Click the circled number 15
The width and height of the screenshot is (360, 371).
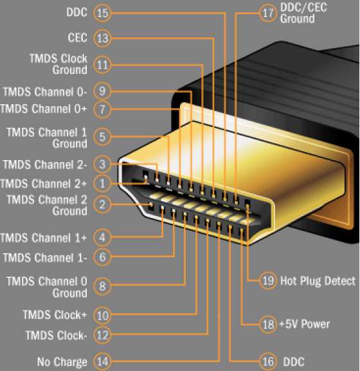[102, 13]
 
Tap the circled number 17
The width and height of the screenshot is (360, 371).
[267, 14]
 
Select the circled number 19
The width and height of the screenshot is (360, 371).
[268, 281]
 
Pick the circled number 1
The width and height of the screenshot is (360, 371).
[102, 183]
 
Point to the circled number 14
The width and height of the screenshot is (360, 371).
[102, 361]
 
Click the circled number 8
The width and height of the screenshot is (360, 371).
[102, 286]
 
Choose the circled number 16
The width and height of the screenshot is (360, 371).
[268, 361]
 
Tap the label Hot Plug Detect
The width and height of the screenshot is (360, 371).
[318, 281]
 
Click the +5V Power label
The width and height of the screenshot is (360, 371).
[305, 324]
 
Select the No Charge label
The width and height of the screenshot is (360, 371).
[62, 362]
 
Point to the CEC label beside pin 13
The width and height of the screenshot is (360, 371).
[77, 37]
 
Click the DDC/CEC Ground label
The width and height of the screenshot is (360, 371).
[303, 14]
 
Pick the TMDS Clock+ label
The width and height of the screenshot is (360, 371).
[55, 314]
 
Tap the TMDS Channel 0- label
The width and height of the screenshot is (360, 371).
[45, 92]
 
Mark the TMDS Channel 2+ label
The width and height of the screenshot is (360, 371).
[44, 184]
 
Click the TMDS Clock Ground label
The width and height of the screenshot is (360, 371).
[59, 64]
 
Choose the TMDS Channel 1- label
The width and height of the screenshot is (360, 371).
[45, 258]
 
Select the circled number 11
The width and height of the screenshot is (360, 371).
[102, 65]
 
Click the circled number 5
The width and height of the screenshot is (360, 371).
[102, 137]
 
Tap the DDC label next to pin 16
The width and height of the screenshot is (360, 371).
[294, 362]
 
